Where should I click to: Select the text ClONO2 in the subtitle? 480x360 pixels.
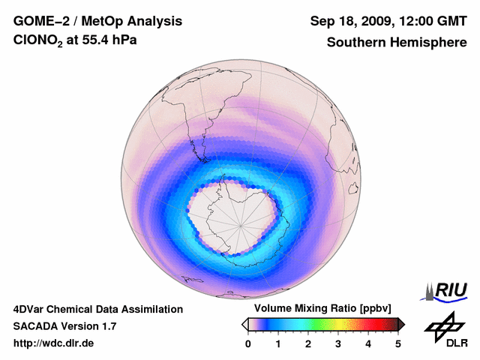(39, 43)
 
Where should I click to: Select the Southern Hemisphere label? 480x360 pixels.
(396, 43)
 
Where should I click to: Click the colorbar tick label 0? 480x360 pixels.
(248, 343)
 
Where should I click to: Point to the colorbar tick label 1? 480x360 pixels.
(278, 343)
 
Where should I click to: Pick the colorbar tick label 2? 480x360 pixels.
(308, 343)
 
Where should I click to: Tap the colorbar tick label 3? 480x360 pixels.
(338, 343)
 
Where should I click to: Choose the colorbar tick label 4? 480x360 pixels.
(368, 343)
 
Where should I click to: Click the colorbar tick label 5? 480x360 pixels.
(398, 343)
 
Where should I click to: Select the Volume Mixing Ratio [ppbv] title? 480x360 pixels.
(323, 308)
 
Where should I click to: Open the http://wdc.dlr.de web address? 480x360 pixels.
(54, 343)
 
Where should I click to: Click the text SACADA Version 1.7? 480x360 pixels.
(64, 326)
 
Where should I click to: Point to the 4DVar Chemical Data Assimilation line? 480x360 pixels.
(97, 309)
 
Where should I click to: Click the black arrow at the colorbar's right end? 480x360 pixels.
(401, 324)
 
